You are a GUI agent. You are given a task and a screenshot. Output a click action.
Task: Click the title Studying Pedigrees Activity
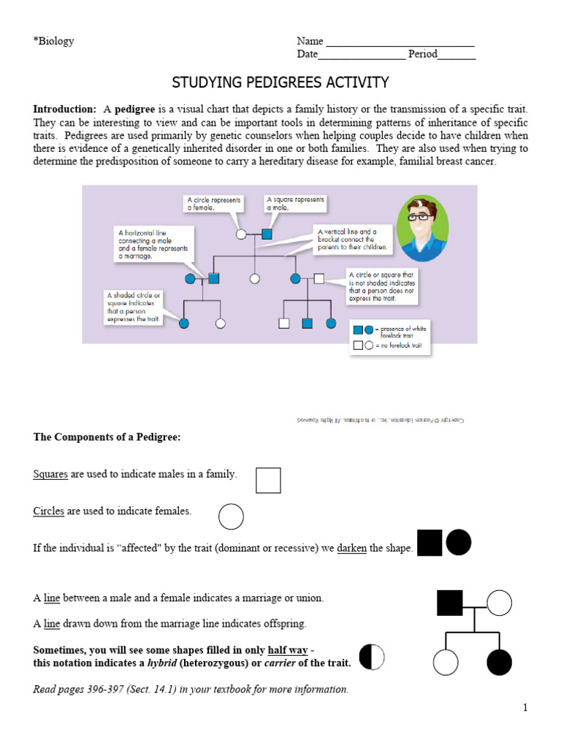click(x=280, y=82)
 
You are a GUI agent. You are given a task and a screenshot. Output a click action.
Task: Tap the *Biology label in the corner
click(x=53, y=41)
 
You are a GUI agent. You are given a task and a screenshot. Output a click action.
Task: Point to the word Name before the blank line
click(x=310, y=41)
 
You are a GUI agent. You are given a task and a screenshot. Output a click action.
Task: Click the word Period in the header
click(x=423, y=54)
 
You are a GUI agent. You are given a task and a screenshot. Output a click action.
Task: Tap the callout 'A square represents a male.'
click(x=294, y=203)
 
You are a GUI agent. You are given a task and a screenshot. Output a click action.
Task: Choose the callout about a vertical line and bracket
click(x=354, y=239)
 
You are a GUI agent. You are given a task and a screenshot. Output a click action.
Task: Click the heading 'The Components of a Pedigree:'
click(x=107, y=437)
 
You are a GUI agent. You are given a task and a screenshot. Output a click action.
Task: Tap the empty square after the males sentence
click(x=268, y=480)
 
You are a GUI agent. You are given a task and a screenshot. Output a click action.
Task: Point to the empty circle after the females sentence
click(x=231, y=516)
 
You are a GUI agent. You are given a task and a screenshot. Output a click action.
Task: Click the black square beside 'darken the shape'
click(x=430, y=543)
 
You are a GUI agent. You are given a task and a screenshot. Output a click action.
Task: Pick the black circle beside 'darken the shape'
click(x=459, y=543)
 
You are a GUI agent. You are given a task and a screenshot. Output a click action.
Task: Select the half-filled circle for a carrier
click(x=372, y=657)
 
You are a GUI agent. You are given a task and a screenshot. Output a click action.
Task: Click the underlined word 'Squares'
click(x=50, y=474)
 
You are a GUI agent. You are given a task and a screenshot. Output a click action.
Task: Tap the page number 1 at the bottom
click(x=524, y=707)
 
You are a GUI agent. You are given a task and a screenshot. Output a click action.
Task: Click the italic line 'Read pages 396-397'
click(x=191, y=689)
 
